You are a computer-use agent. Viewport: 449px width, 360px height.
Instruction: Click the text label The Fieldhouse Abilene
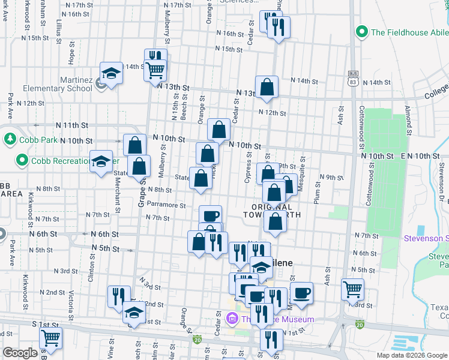409,32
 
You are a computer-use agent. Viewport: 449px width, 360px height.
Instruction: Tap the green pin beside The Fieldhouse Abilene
362,31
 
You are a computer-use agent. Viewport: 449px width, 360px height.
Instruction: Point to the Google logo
20,353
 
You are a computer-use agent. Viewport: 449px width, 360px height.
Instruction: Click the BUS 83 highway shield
353,77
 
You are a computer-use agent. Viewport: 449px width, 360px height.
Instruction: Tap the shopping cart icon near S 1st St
50,338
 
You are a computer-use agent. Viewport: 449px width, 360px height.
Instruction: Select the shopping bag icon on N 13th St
267,87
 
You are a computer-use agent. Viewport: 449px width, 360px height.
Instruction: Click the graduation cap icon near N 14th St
111,73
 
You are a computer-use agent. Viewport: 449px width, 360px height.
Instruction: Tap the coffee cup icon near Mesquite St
302,293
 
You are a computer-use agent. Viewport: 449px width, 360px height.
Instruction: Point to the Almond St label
408,112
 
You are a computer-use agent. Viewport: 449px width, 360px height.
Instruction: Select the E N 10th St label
420,156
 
